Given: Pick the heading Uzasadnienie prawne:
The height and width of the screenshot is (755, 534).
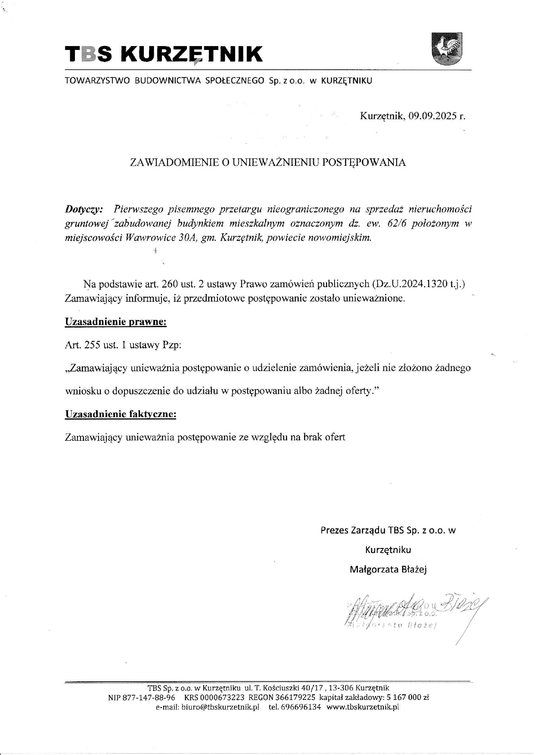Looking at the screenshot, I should (115, 322).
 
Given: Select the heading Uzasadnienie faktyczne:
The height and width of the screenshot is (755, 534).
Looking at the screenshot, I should (121, 414).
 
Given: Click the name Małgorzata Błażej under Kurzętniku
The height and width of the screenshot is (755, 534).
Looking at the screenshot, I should (388, 570).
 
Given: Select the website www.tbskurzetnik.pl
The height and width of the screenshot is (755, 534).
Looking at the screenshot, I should (363, 707).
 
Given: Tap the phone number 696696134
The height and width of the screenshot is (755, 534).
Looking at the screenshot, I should (301, 707).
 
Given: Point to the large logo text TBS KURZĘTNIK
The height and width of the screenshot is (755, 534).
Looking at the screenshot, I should (164, 55).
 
